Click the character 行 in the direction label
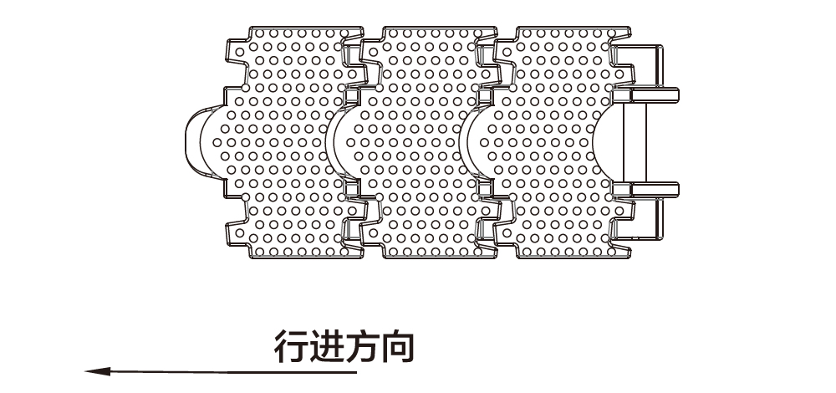[x=291, y=347]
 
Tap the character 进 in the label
[x=326, y=347]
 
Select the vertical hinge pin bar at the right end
[x=635, y=142]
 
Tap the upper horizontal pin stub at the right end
[x=655, y=95]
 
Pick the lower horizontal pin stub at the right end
[x=655, y=189]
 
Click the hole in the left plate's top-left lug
[x=239, y=52]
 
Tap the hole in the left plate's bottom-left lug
[x=239, y=233]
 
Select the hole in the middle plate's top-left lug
[x=373, y=52]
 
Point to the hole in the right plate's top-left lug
[x=507, y=52]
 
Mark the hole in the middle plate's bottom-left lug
[x=373, y=233]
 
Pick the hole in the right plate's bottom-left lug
[x=507, y=233]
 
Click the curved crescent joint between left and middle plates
[x=330, y=142]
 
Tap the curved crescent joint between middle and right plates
[x=464, y=142]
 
